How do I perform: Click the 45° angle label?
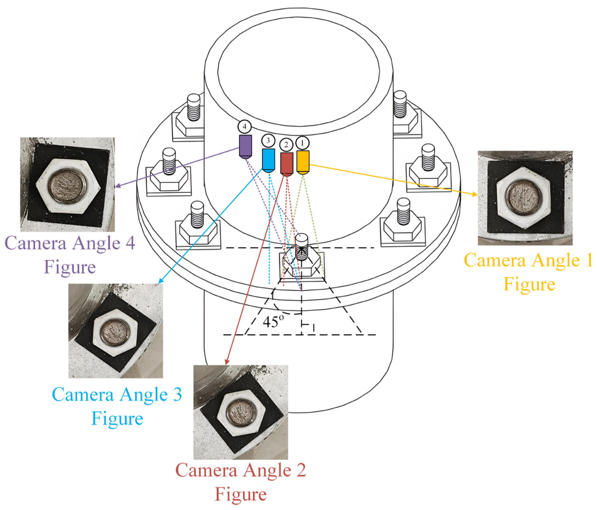pyautogui.click(x=273, y=321)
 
